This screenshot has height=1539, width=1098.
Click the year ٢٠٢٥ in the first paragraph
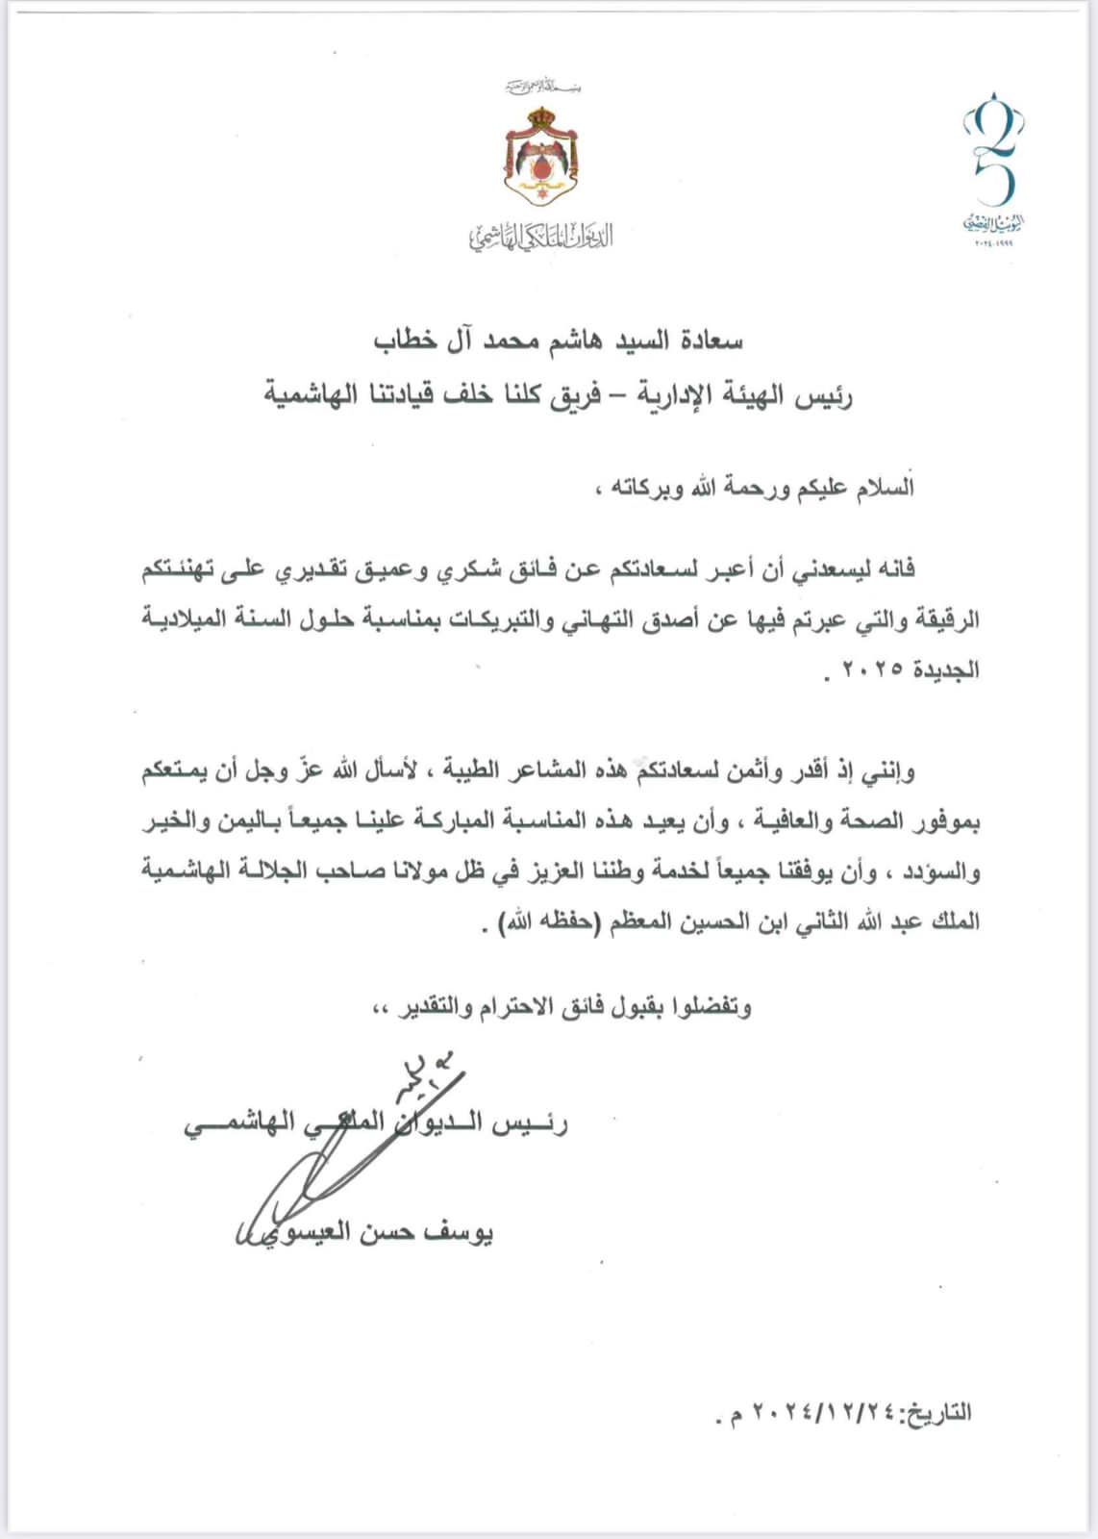[871, 669]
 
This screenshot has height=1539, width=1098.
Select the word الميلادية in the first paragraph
[188, 618]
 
